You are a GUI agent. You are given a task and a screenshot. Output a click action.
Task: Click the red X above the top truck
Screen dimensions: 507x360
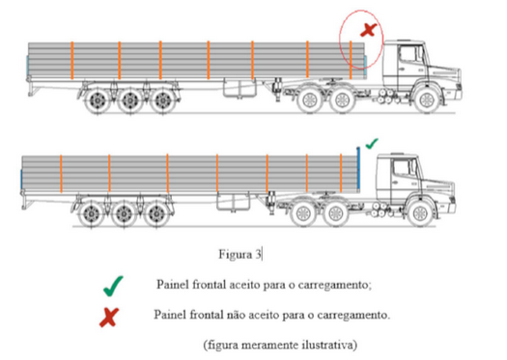(369, 30)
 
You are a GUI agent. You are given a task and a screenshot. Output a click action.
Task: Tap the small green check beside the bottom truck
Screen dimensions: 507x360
(372, 144)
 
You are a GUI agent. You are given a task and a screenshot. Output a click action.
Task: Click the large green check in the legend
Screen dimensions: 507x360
(113, 287)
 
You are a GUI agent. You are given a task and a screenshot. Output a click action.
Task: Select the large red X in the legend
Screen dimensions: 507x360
(109, 317)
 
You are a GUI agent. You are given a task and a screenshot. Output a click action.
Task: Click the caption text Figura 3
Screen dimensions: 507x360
(239, 255)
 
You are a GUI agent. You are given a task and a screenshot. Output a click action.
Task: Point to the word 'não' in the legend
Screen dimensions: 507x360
(237, 314)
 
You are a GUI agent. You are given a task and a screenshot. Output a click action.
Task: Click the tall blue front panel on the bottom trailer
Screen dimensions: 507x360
(358, 169)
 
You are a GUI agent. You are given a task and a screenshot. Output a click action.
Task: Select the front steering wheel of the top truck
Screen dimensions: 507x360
(427, 100)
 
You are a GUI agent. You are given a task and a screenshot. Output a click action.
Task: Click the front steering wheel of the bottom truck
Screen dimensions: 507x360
(420, 213)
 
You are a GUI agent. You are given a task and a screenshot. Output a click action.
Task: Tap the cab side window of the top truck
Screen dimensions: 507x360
(408, 55)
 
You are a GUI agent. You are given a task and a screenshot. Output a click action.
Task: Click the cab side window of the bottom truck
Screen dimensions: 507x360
(401, 168)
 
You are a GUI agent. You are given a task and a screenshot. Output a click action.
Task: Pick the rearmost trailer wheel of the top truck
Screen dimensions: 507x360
(97, 101)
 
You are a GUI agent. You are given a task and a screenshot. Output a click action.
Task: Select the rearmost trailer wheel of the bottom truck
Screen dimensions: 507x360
(91, 214)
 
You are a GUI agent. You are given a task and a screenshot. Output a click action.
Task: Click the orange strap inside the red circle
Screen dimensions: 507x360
(351, 60)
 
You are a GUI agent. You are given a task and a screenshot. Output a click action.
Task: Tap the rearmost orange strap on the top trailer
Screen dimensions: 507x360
(72, 61)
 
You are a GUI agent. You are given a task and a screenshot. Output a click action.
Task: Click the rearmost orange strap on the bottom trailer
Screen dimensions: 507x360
(61, 174)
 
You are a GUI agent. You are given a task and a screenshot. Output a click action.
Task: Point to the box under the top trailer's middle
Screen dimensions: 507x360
(239, 89)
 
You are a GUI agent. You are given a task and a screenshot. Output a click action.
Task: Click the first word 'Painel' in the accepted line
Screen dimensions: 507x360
(172, 285)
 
